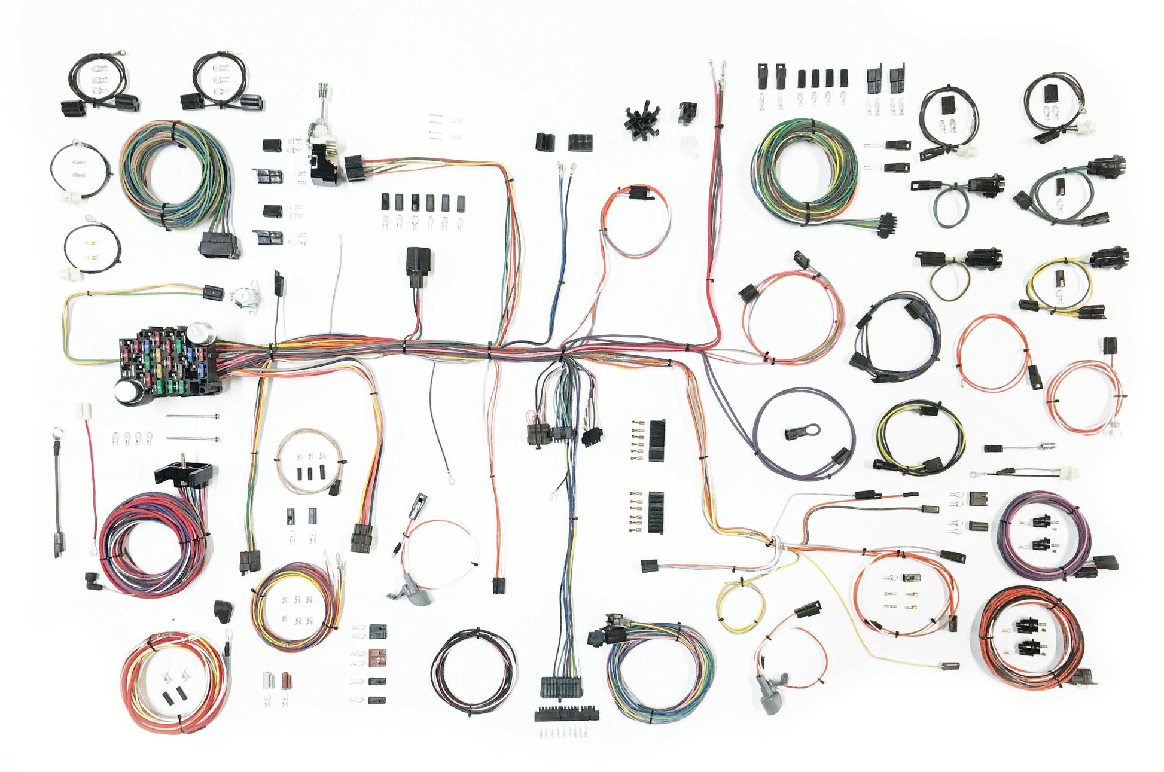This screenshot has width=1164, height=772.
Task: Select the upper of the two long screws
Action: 191,416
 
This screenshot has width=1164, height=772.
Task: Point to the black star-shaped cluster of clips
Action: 642,120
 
